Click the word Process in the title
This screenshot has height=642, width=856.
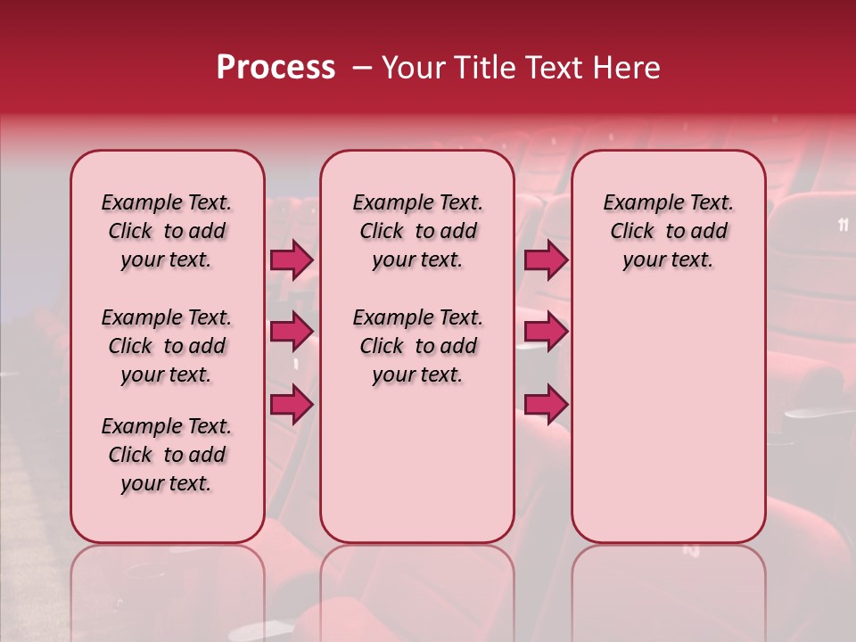coord(275,68)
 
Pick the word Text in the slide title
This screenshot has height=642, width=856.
coord(551,68)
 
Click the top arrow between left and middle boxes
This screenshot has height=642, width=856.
coord(292,260)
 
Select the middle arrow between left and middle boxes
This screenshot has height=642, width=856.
coord(292,332)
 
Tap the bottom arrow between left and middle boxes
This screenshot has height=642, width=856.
coord(292,405)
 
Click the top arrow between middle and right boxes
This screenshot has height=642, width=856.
coord(546,260)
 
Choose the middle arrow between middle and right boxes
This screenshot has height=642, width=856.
coord(546,332)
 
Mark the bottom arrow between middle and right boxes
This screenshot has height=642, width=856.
coord(546,405)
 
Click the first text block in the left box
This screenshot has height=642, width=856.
coord(167,231)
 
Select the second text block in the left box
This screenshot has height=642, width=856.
coord(167,346)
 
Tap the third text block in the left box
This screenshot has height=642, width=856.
coord(167,455)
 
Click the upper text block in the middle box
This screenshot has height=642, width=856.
coord(417,231)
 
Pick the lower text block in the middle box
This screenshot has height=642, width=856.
coord(417,346)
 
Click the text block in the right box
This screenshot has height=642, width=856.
coord(668,231)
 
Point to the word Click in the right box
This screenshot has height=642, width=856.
coord(632,232)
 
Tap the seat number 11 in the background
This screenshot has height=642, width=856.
coord(844,225)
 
